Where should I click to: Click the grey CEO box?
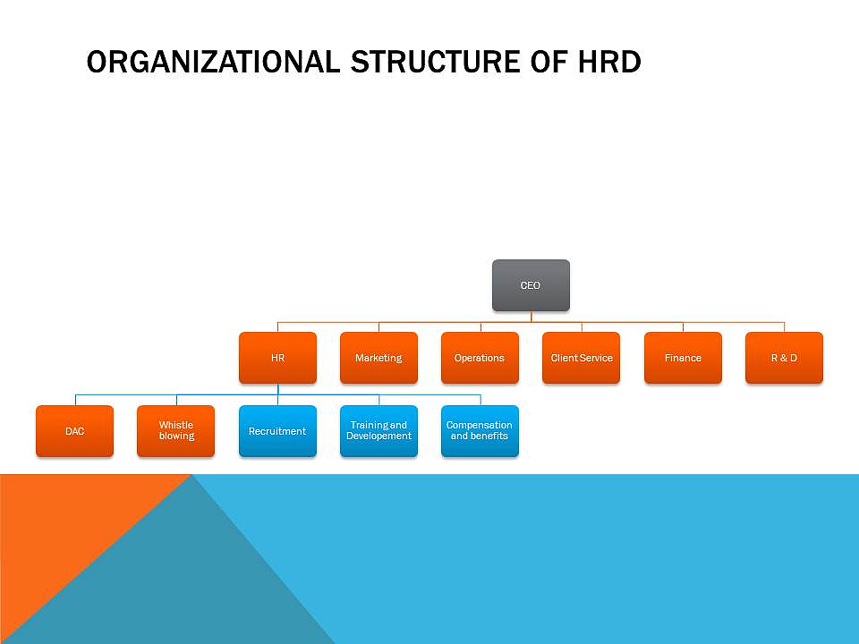[531, 285]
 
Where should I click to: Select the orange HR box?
[277, 358]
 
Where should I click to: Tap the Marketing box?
[378, 358]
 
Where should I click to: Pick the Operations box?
[480, 358]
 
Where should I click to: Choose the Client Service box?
[582, 358]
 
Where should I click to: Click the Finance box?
[683, 358]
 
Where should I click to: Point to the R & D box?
[784, 358]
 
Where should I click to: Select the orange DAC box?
[74, 431]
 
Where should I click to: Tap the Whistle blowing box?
[176, 431]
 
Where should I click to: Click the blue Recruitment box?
[277, 431]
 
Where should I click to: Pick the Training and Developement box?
[378, 431]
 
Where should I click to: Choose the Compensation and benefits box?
[480, 431]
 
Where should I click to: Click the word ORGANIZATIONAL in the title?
[213, 62]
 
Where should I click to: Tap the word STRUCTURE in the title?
[436, 62]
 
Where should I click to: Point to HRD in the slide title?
[609, 62]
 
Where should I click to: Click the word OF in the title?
[549, 62]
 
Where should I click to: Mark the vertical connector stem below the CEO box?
[531, 317]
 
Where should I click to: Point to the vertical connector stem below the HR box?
[277, 389]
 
